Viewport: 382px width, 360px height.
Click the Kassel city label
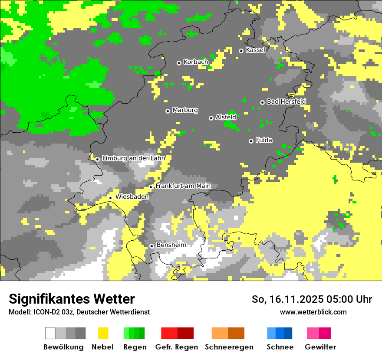pyautogui.click(x=255, y=50)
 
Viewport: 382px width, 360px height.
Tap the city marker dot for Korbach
pyautogui.click(x=179, y=63)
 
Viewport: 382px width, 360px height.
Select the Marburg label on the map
pyautogui.click(x=185, y=110)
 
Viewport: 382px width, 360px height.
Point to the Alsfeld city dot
pyautogui.click(x=211, y=118)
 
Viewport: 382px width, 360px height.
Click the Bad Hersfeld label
pyautogui.click(x=286, y=101)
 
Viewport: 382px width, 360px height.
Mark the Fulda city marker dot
pyautogui.click(x=251, y=141)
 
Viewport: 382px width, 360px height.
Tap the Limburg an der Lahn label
pyautogui.click(x=133, y=158)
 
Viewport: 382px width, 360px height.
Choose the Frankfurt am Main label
pyautogui.click(x=183, y=186)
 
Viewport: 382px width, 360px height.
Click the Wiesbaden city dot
pyautogui.click(x=110, y=198)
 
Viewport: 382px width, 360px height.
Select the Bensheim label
pyautogui.click(x=171, y=245)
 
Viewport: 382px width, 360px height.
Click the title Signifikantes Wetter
pyautogui.click(x=72, y=299)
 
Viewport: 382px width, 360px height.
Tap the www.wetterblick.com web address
pyautogui.click(x=313, y=312)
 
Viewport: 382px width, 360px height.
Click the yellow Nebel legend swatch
pyautogui.click(x=103, y=333)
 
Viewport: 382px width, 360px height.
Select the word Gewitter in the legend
pyautogui.click(x=320, y=347)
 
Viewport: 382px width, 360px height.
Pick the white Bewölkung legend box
pyautogui.click(x=50, y=333)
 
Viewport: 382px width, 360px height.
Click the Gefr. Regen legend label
pyautogui.click(x=176, y=347)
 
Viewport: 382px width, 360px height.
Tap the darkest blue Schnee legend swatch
pyautogui.click(x=288, y=333)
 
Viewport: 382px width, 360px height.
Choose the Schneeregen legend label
pyautogui.click(x=229, y=347)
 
